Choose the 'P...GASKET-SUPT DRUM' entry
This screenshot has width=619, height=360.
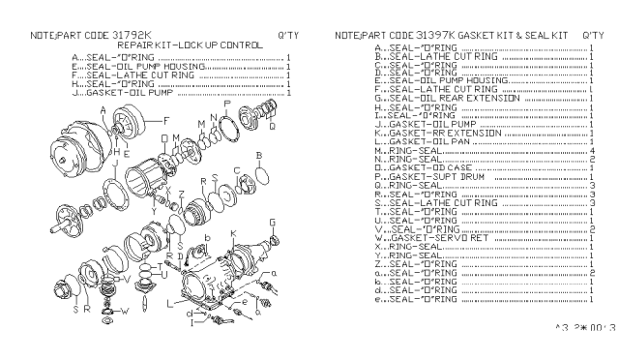coord(427,177)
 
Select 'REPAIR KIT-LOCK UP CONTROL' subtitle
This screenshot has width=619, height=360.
coord(190,45)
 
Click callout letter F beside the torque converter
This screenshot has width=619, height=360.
coord(166,120)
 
